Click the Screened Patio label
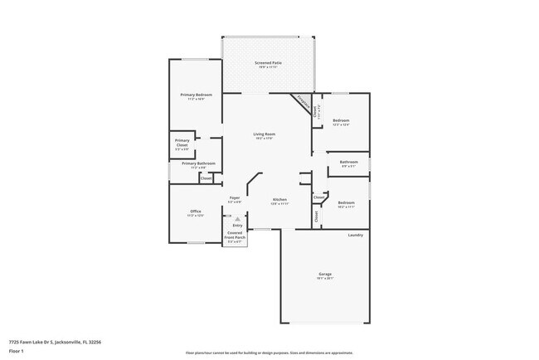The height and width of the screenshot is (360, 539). pos(267,63)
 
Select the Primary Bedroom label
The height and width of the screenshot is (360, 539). pos(197,95)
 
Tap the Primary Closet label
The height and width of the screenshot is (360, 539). pos(182,143)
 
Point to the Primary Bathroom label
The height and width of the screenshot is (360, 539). pos(199,163)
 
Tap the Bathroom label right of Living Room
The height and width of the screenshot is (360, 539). pos(349,163)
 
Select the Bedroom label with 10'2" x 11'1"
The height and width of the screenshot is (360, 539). pos(346,203)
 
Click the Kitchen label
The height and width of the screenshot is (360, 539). pos(280,200)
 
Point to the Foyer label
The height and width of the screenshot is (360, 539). pos(235,198)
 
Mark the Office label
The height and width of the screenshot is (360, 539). pos(196,212)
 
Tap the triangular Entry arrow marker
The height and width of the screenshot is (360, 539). pos(238,220)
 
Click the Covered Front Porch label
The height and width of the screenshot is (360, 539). pos(236,236)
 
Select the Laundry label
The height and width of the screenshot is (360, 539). pos(355,236)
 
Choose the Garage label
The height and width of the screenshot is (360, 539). pos(325,275)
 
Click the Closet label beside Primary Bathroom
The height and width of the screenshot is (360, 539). pos(206,178)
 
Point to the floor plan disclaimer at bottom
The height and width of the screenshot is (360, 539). pos(269,353)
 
